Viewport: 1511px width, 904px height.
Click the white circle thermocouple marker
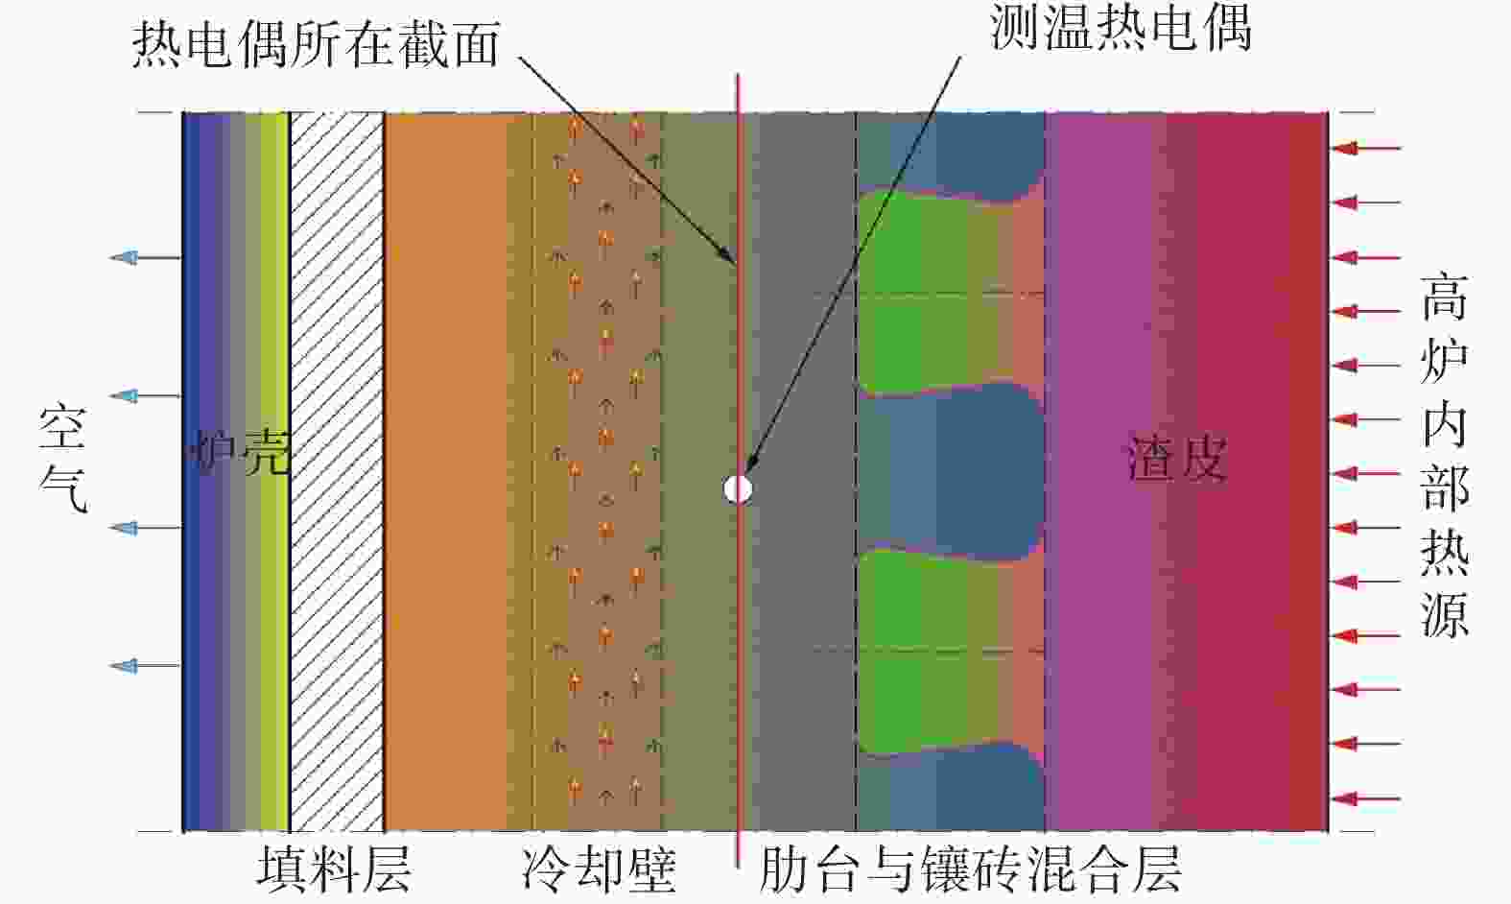[737, 488]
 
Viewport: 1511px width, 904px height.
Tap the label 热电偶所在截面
[316, 44]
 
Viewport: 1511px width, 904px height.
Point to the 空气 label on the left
[63, 459]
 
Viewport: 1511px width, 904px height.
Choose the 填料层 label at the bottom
[334, 868]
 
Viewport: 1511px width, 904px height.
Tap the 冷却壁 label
[600, 868]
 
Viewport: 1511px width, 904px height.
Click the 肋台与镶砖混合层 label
[970, 868]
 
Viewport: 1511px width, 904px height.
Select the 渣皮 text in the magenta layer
[1177, 458]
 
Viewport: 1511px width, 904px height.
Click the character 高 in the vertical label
[1444, 297]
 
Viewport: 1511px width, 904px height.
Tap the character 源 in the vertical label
[1444, 614]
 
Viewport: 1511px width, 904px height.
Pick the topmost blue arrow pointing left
[145, 257]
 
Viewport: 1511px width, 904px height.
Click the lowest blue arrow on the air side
[145, 666]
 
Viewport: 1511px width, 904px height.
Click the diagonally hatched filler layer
[337, 471]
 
